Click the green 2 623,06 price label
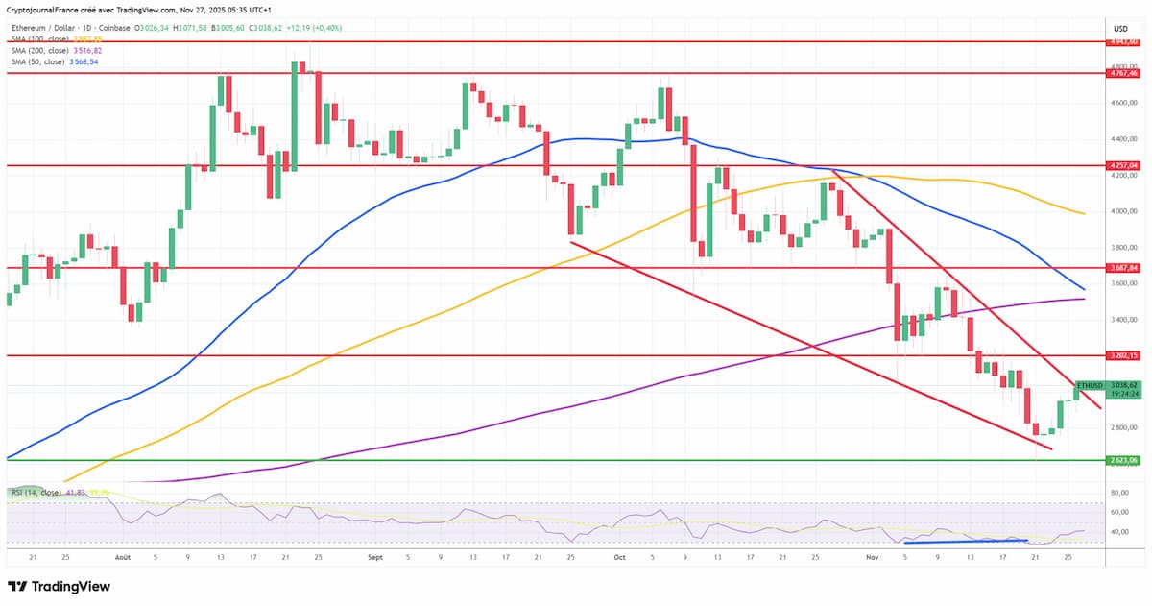point(1121,460)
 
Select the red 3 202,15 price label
point(1121,355)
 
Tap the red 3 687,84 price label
point(1121,268)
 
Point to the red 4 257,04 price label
point(1121,165)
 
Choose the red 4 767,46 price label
point(1121,73)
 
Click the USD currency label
point(1120,30)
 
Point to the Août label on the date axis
point(122,556)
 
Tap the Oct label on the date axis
point(619,556)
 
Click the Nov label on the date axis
point(872,556)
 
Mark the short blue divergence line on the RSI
point(966,541)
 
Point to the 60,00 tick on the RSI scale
point(1118,512)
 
